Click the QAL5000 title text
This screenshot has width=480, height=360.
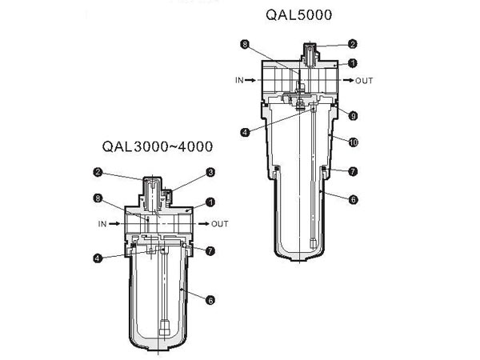298,14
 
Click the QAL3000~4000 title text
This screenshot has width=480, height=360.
158,146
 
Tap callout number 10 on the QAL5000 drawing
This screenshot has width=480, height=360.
353,142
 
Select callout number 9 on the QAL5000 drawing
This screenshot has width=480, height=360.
353,116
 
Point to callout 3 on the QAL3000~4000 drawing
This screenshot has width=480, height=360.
210,172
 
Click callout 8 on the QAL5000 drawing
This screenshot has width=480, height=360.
245,44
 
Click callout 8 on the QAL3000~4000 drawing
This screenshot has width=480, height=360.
98,198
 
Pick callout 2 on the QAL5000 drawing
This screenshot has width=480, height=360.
353,44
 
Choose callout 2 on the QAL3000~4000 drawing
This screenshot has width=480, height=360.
98,172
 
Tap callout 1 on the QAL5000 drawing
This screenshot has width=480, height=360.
353,63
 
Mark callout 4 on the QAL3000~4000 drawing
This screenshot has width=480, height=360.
98,258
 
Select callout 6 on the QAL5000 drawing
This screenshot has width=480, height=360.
353,199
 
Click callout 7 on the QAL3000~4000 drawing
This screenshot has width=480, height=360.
210,251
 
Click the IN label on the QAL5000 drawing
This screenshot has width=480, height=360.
239,80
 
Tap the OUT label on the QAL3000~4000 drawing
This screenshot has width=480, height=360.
220,224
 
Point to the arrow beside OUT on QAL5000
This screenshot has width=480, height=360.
348,80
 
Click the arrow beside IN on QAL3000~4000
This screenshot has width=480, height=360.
114,224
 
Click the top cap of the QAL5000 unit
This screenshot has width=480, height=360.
310,54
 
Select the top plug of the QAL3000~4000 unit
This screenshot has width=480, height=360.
153,194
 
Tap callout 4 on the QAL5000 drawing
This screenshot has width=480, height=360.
245,132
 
